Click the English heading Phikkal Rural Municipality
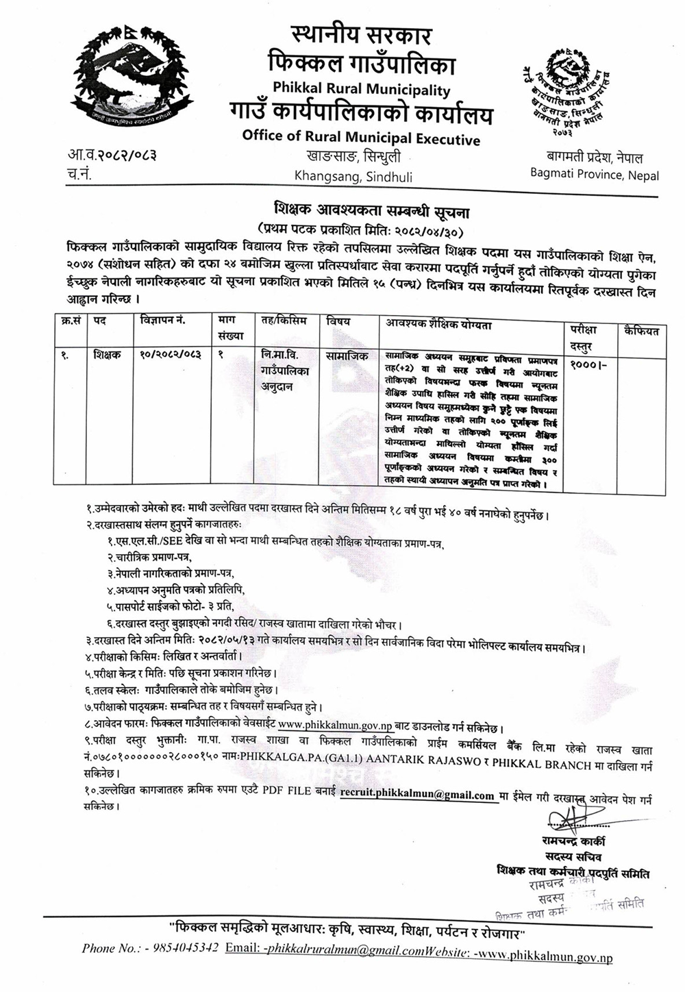click(x=361, y=89)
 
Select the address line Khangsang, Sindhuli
click(x=353, y=176)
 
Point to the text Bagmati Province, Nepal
click(x=595, y=174)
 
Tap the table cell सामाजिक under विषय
click(x=347, y=356)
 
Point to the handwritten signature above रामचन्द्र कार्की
click(x=573, y=819)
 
